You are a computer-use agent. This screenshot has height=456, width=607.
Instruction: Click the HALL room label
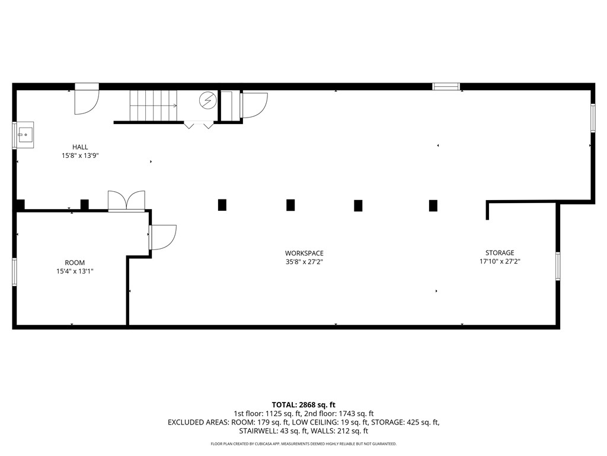(80, 147)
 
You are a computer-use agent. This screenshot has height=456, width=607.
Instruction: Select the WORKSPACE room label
(304, 253)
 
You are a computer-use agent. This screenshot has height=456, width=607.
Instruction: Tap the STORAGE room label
(500, 253)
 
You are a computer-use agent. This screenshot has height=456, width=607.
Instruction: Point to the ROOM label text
(75, 262)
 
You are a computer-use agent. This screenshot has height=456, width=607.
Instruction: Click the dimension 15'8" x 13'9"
(80, 156)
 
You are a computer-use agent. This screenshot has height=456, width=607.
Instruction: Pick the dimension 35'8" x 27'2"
(304, 262)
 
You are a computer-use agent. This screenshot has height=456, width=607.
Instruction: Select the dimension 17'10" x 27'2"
(500, 261)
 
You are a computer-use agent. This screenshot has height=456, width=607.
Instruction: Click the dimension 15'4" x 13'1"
(75, 271)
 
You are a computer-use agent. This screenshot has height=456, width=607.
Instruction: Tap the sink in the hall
(25, 135)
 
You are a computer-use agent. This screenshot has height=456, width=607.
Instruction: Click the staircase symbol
(154, 106)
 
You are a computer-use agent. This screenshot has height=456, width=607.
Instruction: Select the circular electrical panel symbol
(208, 100)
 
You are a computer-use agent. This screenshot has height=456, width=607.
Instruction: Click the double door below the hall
(127, 201)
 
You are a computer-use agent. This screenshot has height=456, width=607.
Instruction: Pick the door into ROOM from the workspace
(163, 237)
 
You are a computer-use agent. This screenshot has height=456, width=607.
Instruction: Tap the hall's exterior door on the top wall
(87, 99)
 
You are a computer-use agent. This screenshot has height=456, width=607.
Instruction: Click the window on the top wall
(446, 87)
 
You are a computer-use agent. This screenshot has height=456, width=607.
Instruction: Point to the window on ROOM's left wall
(14, 271)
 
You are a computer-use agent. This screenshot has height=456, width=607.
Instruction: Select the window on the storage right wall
(558, 266)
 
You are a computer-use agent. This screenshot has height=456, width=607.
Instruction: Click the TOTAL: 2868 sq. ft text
(303, 405)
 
